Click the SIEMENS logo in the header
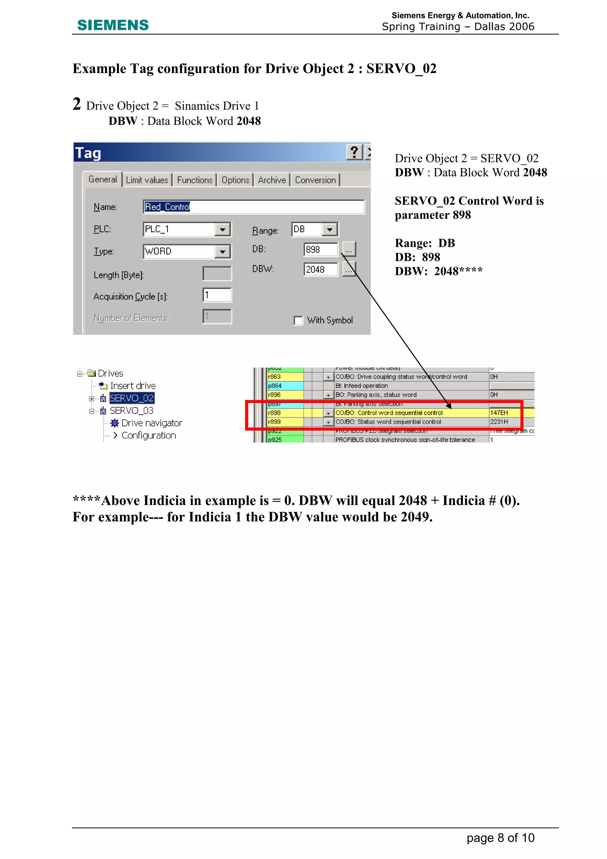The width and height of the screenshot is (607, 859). [x=113, y=25]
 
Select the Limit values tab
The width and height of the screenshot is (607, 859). [x=147, y=180]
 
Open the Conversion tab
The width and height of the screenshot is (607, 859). [x=315, y=180]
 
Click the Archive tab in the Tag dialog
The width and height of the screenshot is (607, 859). [x=272, y=180]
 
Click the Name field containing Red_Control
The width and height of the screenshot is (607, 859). [x=253, y=207]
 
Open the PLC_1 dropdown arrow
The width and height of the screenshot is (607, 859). [x=222, y=229]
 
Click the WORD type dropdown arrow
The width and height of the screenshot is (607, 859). [x=222, y=252]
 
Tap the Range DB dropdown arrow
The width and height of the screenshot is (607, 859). [x=330, y=229]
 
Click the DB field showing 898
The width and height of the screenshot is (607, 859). [x=320, y=249]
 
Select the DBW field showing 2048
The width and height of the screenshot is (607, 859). [x=320, y=269]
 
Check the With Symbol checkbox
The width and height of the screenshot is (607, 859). [x=298, y=321]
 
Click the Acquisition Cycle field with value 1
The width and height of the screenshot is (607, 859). [x=217, y=295]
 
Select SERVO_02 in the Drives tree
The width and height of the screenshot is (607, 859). [x=132, y=398]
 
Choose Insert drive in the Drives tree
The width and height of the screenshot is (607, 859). [x=133, y=386]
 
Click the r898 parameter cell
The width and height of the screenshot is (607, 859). [x=285, y=413]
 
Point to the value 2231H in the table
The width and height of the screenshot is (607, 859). [x=499, y=422]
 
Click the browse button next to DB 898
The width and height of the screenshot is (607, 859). [x=349, y=249]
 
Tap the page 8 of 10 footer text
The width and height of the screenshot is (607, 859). [x=500, y=838]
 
